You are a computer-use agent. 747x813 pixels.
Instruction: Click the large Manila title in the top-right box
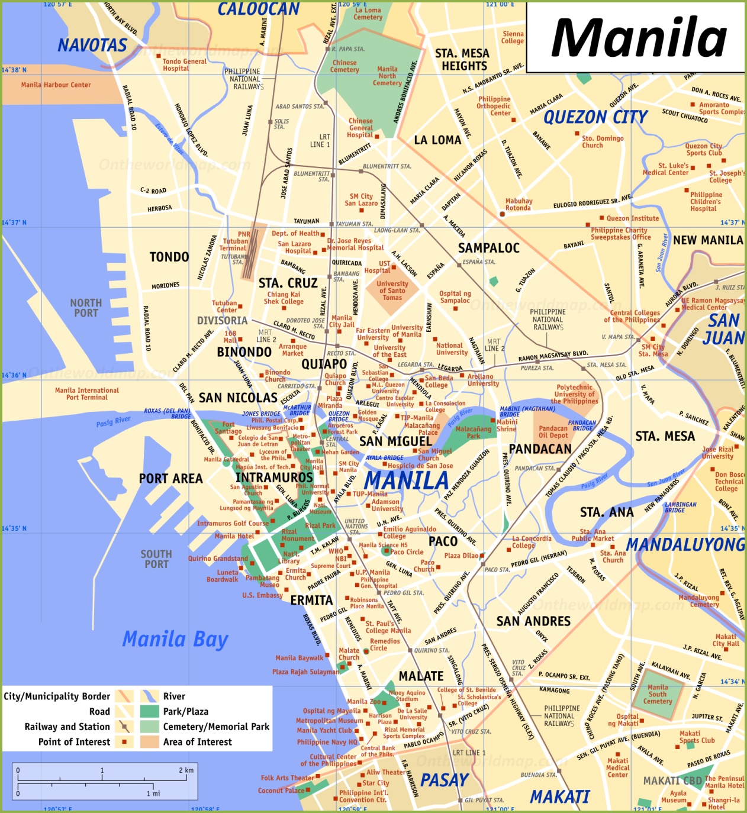(638, 38)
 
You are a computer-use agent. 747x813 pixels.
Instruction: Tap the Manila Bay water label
(175, 639)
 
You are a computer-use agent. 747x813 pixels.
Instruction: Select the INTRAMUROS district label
(274, 477)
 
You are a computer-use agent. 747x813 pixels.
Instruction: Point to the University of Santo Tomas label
(392, 291)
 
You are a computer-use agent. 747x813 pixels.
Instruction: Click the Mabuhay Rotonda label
(519, 204)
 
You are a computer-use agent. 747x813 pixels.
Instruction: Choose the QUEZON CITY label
(595, 117)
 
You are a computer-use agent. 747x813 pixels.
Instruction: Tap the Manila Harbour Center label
(56, 85)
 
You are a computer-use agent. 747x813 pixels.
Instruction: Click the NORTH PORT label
(86, 308)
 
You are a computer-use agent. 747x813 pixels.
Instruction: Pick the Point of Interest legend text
(74, 742)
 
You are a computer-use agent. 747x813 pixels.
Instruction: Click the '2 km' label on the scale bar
(186, 770)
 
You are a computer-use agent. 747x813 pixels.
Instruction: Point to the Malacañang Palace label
(421, 428)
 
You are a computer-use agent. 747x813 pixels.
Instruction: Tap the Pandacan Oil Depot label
(553, 431)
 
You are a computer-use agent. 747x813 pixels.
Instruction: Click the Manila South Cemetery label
(657, 694)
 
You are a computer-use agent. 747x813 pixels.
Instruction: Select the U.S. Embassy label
(262, 595)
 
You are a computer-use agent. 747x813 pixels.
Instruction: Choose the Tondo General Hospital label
(185, 64)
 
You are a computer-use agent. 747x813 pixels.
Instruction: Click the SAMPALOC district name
(488, 248)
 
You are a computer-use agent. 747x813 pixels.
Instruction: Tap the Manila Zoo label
(363, 701)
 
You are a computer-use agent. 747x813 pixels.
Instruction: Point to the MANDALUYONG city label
(685, 544)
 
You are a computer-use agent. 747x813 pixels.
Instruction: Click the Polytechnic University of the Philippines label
(574, 394)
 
